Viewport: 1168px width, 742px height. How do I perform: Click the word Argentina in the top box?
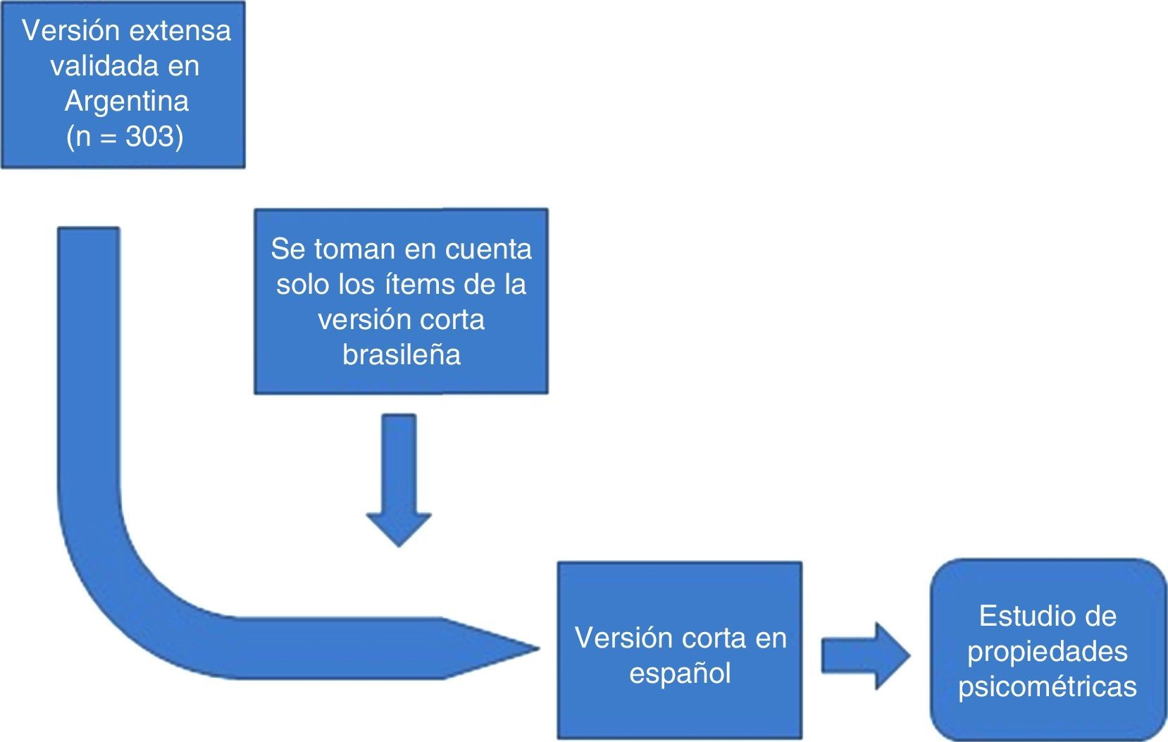(x=127, y=101)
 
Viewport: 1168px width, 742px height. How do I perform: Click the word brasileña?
(x=402, y=354)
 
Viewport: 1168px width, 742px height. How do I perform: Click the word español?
(x=680, y=673)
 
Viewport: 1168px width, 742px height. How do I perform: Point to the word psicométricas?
(x=1048, y=686)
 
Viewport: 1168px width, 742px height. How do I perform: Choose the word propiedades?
(x=1048, y=651)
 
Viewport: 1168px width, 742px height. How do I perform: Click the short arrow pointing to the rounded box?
(x=865, y=655)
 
